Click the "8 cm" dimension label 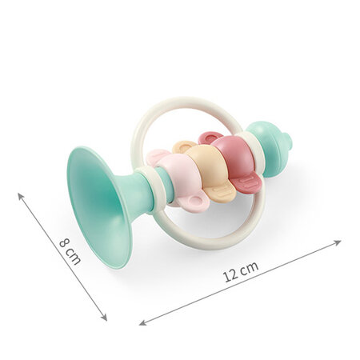pyautogui.click(x=70, y=251)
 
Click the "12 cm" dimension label pyautogui.click(x=241, y=271)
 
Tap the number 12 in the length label pyautogui.click(x=230, y=275)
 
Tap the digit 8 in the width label pyautogui.click(x=64, y=243)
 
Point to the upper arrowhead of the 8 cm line pyautogui.click(x=20, y=195)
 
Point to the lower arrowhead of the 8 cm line pyautogui.click(x=104, y=318)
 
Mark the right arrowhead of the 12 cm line pyautogui.click(x=338, y=242)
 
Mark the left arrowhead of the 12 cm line pyautogui.click(x=142, y=323)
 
